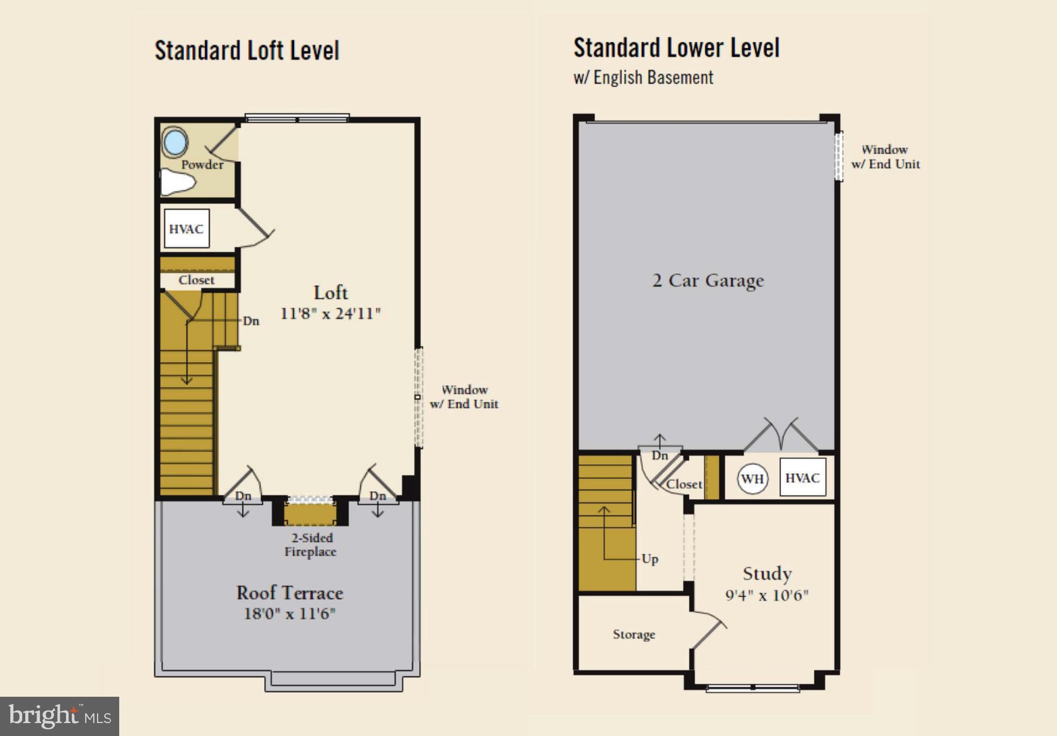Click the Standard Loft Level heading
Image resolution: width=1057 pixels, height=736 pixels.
(247, 51)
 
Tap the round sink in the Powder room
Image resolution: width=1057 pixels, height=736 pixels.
(174, 142)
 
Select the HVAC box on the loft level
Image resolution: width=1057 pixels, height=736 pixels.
(186, 229)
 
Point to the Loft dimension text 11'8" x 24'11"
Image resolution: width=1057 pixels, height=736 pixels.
(330, 314)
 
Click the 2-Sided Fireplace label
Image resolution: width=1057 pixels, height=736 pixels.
(310, 545)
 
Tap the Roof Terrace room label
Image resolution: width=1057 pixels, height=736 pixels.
(290, 592)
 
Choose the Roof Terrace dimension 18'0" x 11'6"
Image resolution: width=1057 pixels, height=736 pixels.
(290, 614)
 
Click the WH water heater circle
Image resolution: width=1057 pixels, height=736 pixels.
(752, 479)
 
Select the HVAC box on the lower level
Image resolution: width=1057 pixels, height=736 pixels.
(802, 478)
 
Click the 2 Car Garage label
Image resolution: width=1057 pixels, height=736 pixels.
(708, 280)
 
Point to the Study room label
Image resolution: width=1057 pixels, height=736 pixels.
(767, 573)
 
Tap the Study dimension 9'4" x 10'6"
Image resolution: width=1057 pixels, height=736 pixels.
(767, 596)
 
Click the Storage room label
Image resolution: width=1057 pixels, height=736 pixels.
(634, 634)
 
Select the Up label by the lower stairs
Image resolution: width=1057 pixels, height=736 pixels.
(650, 559)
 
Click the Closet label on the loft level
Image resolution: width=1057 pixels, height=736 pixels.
(196, 280)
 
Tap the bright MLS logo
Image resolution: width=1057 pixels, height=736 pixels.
(59, 716)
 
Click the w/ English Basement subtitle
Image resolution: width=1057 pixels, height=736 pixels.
(643, 77)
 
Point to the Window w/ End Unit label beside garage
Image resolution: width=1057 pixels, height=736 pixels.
(885, 157)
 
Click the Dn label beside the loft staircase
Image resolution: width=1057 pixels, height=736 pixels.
(251, 321)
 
